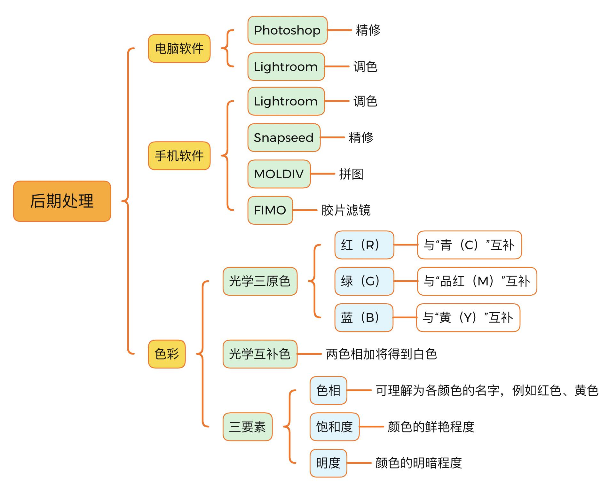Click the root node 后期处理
(x=62, y=201)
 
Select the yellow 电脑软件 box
(x=179, y=49)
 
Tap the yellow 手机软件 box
(x=179, y=156)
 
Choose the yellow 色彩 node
(x=167, y=354)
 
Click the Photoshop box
(x=287, y=30)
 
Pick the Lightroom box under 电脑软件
(x=286, y=67)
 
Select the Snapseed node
(x=284, y=137)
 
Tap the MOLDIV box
(x=279, y=174)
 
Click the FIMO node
(x=270, y=210)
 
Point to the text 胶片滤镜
(x=346, y=210)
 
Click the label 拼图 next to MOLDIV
(x=351, y=174)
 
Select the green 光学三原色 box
(x=260, y=281)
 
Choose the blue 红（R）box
(x=364, y=245)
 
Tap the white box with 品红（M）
(x=477, y=281)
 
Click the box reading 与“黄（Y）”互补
(x=468, y=318)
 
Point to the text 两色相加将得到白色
(x=381, y=354)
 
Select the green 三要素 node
(x=248, y=427)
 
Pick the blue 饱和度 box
(x=334, y=427)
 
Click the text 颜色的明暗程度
(x=418, y=463)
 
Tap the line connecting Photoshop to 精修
(x=340, y=30)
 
